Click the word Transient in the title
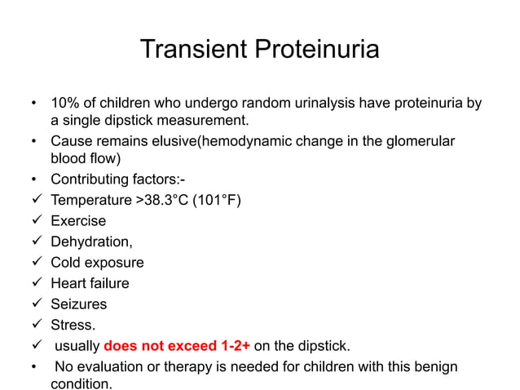[194, 50]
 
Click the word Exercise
[78, 221]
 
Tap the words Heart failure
[90, 284]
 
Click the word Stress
[73, 326]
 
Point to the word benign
[435, 366]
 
